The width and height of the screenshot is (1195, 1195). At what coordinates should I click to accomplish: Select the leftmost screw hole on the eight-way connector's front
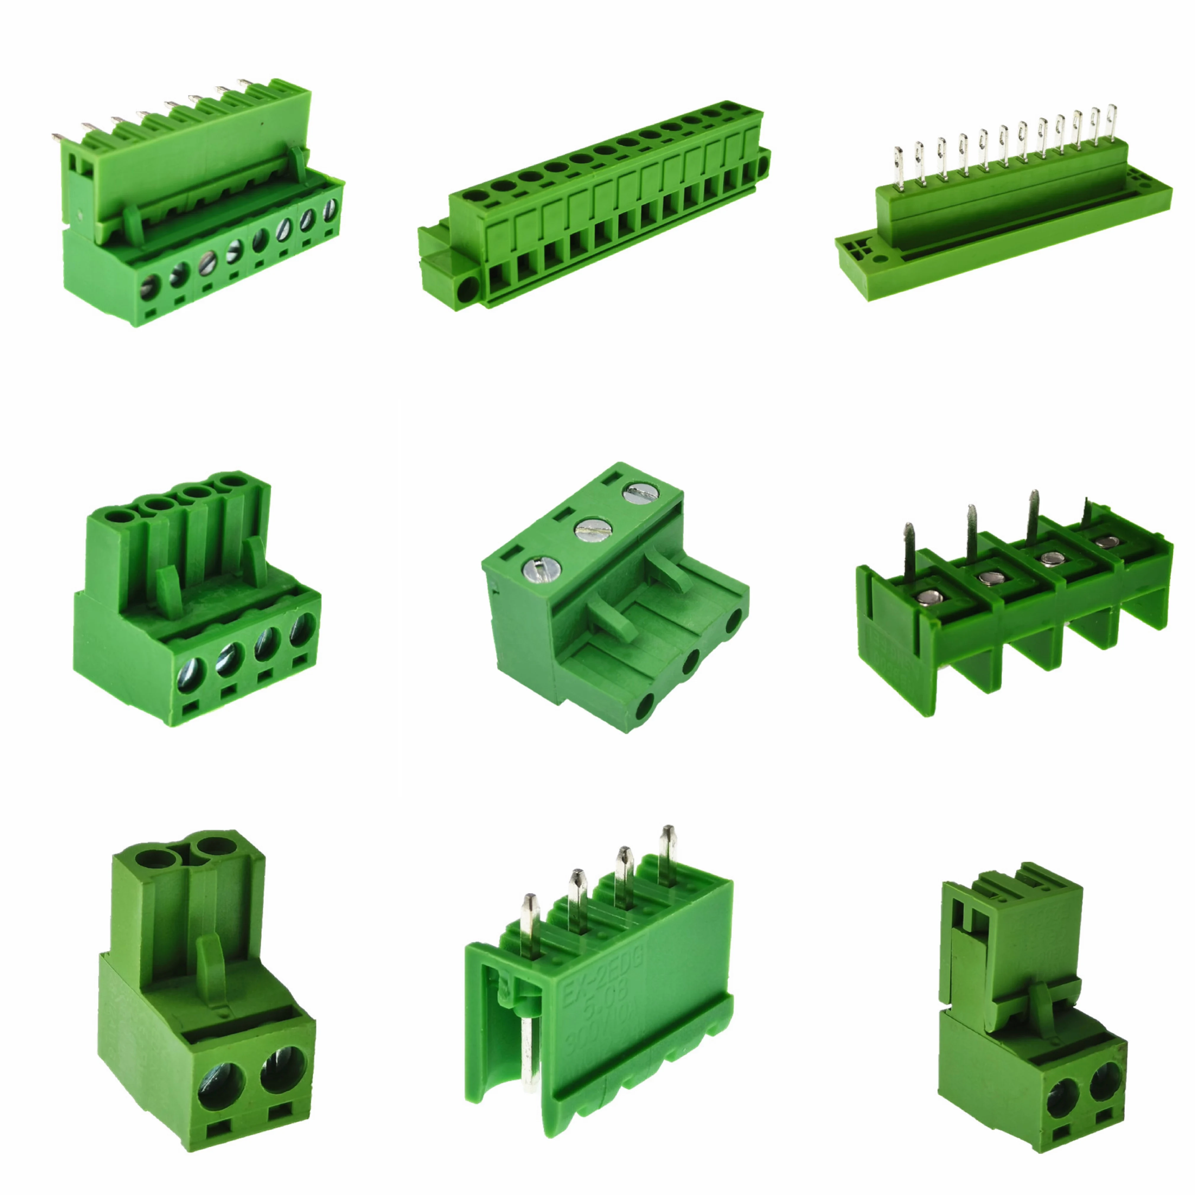[150, 288]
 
